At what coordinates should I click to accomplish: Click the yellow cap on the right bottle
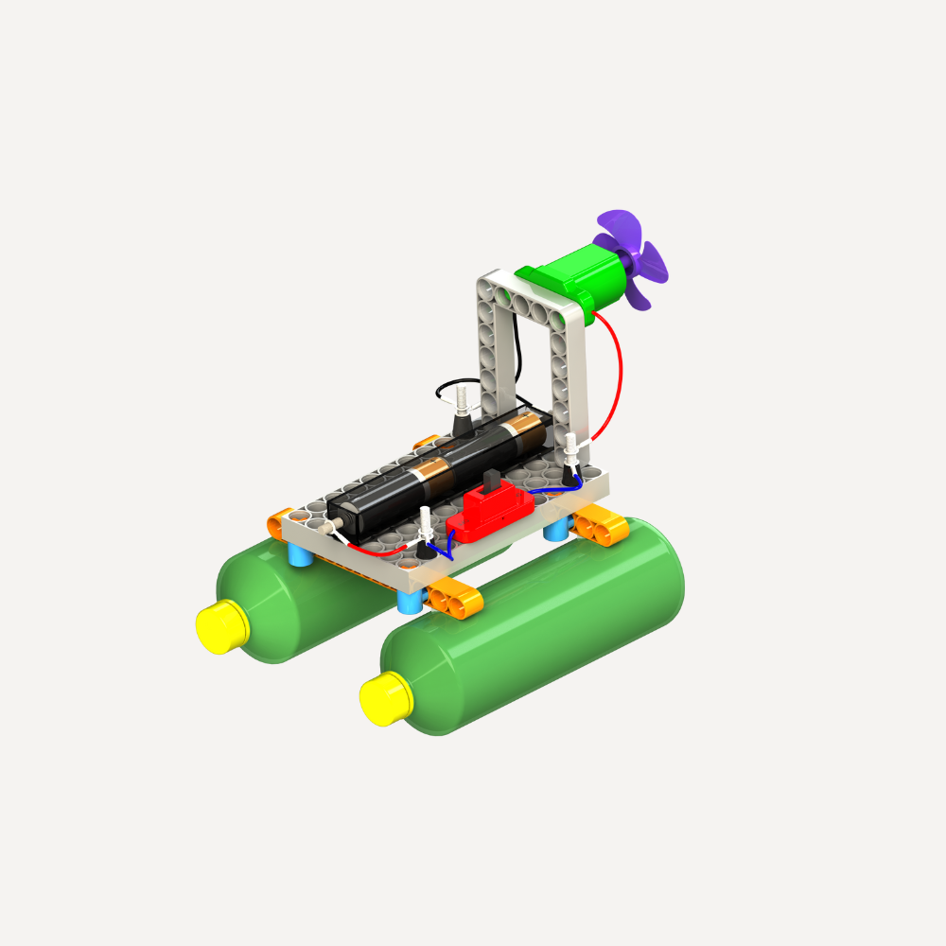click(x=386, y=699)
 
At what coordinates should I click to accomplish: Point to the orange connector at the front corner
click(x=454, y=599)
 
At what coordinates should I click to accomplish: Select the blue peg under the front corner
click(x=410, y=601)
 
